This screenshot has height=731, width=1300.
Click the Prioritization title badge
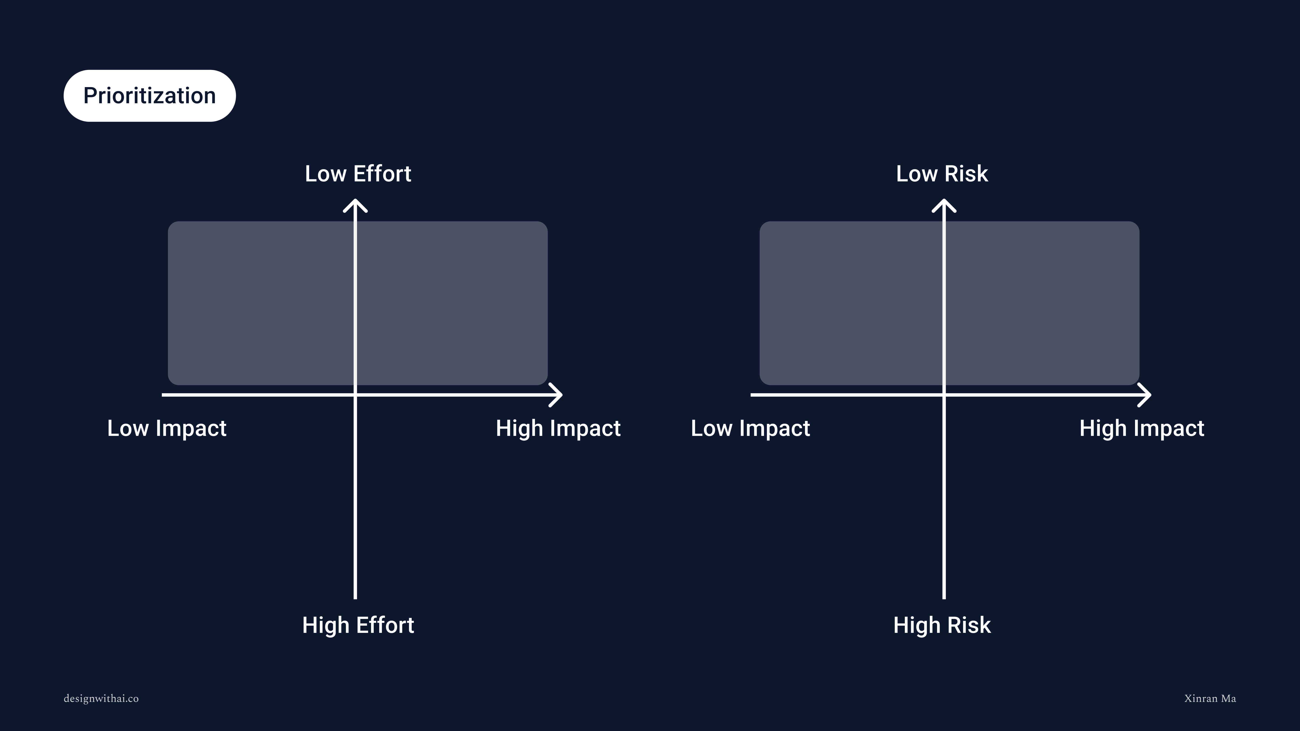(x=149, y=96)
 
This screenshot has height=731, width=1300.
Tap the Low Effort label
(x=358, y=173)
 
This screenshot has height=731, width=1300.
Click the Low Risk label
(x=942, y=173)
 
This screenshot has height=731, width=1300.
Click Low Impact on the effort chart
(x=167, y=428)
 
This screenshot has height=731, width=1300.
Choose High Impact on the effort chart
(x=558, y=428)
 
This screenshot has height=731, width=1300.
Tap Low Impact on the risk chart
(x=750, y=428)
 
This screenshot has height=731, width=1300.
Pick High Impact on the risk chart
(x=1142, y=428)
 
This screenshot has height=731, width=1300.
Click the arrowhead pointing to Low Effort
(x=355, y=205)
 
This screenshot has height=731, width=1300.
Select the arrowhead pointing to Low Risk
(x=944, y=205)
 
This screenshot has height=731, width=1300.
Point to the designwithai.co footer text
(x=101, y=699)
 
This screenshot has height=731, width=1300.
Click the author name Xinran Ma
(x=1210, y=699)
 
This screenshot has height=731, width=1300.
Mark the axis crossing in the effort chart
(x=355, y=395)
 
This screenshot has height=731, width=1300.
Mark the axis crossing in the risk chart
(x=944, y=395)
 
